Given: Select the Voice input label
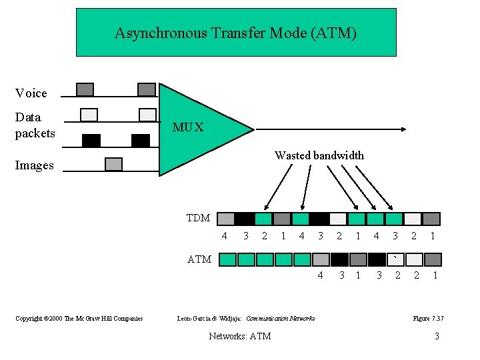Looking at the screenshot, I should coord(31,93).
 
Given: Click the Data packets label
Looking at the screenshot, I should coord(35,125).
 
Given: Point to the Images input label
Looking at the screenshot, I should coord(34,165).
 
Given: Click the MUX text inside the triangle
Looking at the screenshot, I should coord(188,127).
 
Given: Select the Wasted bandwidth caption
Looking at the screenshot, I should coord(319,155).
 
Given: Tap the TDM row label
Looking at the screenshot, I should coord(198,218).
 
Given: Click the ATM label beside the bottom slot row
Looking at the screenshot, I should coord(199,259).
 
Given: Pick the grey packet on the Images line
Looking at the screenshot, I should coord(114,164).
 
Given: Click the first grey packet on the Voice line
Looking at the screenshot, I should coord(85,89).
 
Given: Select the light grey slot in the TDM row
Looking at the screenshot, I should coord(226,219).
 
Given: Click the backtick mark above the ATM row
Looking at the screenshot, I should coord(396,255).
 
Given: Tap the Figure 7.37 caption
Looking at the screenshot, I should coord(428,319).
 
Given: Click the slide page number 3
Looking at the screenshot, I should coord(437,336).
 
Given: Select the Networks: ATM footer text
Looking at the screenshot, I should coord(239,336).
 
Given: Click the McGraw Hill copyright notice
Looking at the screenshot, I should coord(79,319).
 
